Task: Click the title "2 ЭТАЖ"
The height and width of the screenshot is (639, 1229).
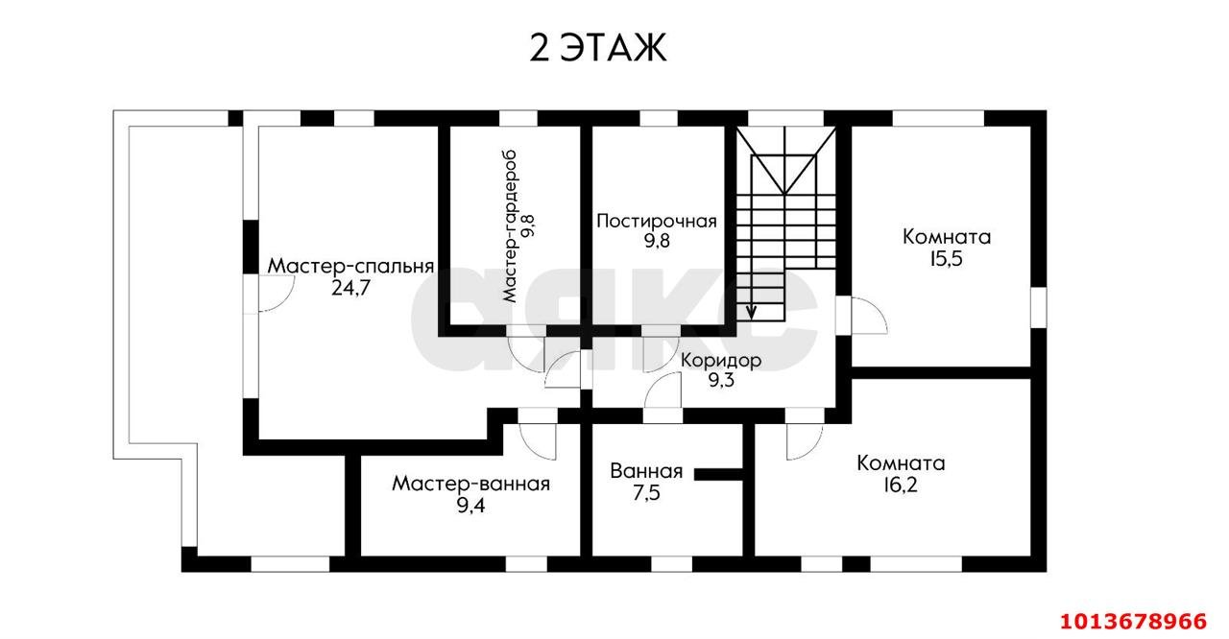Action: [x=597, y=48]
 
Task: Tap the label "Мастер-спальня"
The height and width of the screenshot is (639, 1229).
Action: [x=351, y=266]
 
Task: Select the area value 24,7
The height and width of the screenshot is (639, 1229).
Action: [x=351, y=287]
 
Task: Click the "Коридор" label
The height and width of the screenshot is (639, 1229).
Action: [x=721, y=361]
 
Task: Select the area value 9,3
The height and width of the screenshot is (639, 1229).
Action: [x=721, y=381]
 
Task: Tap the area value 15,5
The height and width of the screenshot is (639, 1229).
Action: [x=947, y=258]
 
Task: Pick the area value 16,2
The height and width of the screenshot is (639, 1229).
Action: [x=901, y=485]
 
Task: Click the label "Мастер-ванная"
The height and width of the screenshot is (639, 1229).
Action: [x=470, y=484]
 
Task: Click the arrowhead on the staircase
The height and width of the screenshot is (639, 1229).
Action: [x=752, y=311]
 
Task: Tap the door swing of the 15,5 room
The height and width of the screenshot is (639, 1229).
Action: [x=866, y=317]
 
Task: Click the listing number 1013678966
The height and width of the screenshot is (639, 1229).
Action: [x=1137, y=617]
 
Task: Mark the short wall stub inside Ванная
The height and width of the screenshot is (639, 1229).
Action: [x=718, y=472]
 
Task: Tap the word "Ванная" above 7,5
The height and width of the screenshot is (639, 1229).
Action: [x=645, y=471]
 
